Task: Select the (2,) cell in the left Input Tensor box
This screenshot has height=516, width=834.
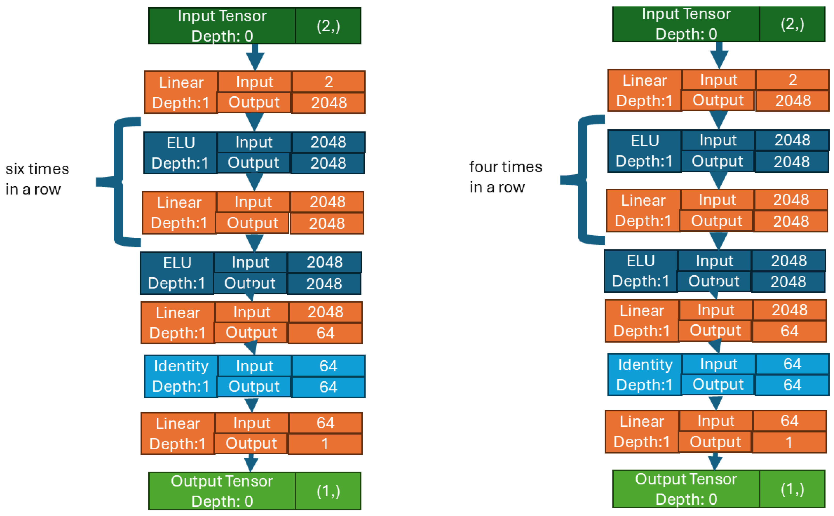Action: tap(328, 26)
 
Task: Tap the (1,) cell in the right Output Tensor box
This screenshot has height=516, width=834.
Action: tap(792, 489)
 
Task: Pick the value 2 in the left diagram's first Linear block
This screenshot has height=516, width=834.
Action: tap(328, 82)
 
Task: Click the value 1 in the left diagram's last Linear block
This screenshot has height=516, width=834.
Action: tap(325, 444)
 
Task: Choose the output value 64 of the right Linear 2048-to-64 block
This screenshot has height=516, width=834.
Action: tap(789, 331)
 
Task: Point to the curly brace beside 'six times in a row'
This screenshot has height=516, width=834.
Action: tap(119, 182)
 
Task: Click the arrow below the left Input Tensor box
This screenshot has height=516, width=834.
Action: tap(255, 57)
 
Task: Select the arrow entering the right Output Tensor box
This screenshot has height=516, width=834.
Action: tap(715, 462)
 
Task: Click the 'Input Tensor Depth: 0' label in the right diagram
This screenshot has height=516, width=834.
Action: tap(686, 24)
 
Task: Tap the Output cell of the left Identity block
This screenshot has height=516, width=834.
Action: tap(254, 386)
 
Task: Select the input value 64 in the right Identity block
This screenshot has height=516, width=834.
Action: tap(792, 364)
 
